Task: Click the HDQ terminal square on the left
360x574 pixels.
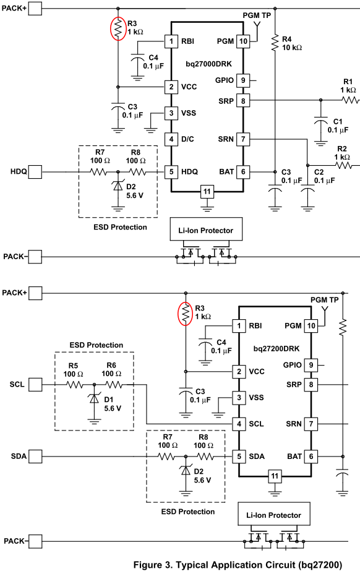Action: [35, 171]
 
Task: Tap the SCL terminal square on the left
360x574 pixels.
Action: [35, 384]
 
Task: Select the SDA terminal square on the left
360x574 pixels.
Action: [35, 456]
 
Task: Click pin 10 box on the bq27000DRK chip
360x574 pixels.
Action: [243, 41]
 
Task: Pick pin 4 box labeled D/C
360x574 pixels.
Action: [171, 139]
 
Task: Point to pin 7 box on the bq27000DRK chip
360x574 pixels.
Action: [243, 139]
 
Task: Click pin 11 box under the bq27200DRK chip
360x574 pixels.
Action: [275, 476]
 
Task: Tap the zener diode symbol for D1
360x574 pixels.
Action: [95, 398]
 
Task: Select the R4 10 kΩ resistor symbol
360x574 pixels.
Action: [275, 42]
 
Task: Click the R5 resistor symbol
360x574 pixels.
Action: [74, 384]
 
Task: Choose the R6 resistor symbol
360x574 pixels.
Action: [114, 384]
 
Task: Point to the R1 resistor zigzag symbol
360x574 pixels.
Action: [351, 100]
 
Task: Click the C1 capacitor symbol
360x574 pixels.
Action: [321, 121]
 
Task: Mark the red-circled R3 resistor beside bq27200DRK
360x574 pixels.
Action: [186, 314]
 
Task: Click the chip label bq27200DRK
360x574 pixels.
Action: [276, 348]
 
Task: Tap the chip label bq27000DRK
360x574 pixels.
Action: [208, 64]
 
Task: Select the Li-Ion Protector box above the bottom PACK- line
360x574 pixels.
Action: [274, 515]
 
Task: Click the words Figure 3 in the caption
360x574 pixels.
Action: [152, 565]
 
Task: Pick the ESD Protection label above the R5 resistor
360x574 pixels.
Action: [96, 345]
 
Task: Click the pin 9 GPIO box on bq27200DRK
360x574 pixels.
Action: [311, 365]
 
